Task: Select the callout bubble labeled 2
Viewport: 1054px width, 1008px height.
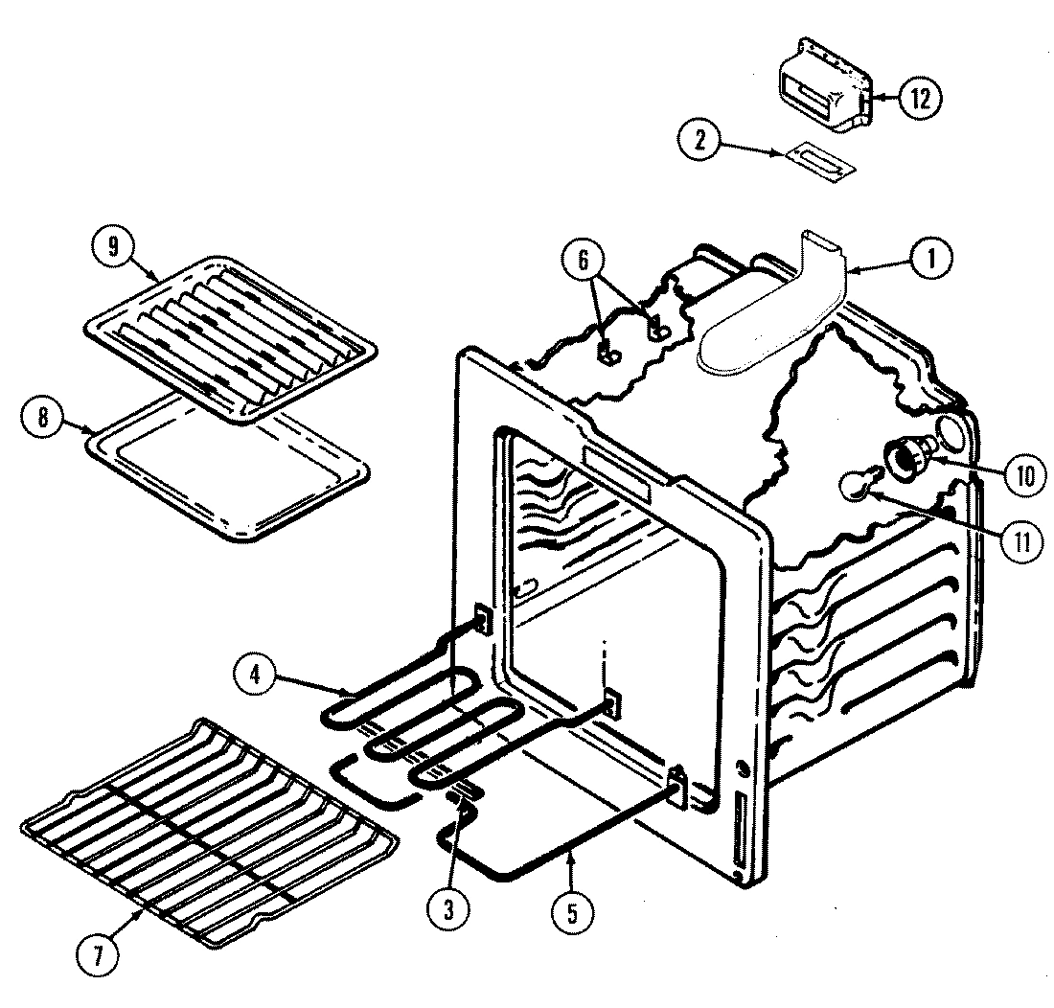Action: [699, 141]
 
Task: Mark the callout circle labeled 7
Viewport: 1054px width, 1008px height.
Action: [100, 954]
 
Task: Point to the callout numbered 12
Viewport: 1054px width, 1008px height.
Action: [920, 99]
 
